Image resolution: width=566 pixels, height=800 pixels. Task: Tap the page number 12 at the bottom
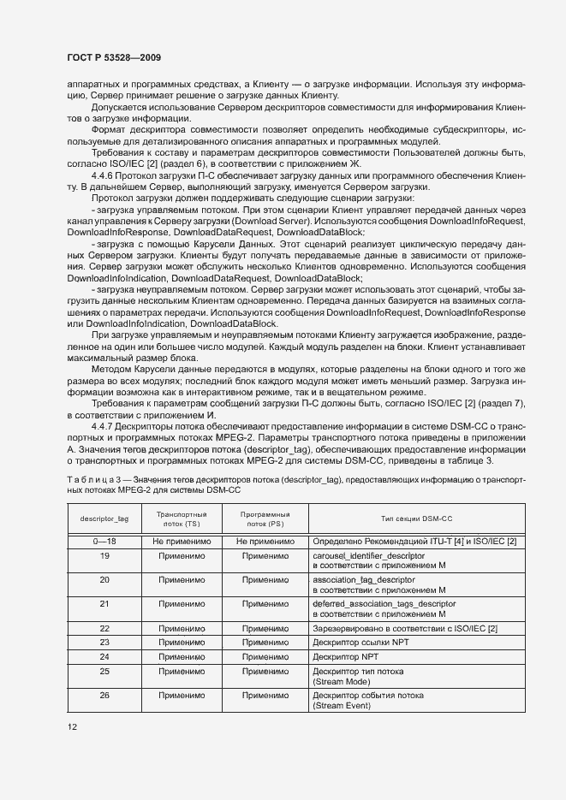pos(72,726)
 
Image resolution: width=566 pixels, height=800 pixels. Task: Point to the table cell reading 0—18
pos(104,542)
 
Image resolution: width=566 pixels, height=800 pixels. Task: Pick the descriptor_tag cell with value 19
pos(104,555)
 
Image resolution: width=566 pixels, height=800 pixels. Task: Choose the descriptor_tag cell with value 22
pos(104,628)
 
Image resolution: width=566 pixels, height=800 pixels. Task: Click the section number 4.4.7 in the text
pos(104,425)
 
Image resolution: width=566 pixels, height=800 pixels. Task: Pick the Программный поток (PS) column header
pos(265,519)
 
